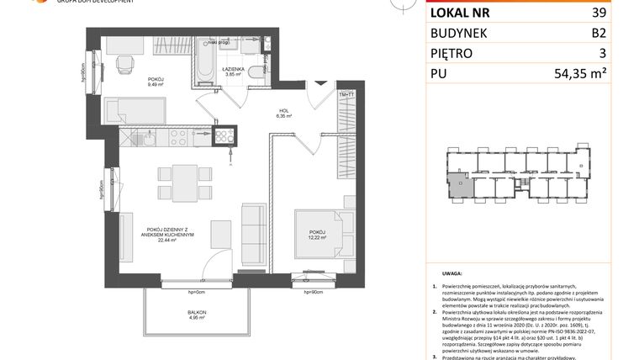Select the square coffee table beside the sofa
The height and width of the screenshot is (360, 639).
[x=220, y=231]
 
